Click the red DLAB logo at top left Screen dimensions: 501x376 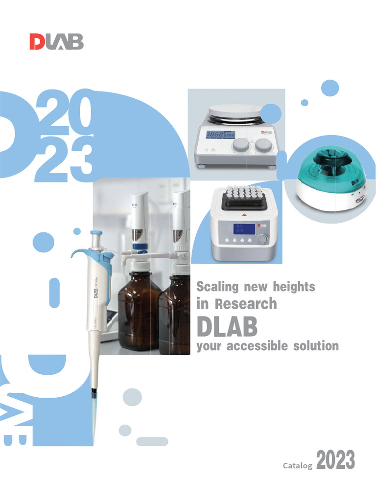coord(56,42)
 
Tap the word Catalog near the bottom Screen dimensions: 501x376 coord(298,466)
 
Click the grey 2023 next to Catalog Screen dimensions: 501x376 coord(335,461)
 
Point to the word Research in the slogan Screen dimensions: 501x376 coord(246,304)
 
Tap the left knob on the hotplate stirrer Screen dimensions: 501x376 coord(240,146)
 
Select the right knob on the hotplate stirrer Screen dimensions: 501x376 coord(263,146)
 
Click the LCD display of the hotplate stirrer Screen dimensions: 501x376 coord(220,135)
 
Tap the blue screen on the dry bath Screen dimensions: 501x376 coord(243,228)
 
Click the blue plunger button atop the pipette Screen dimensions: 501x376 coord(97,234)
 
